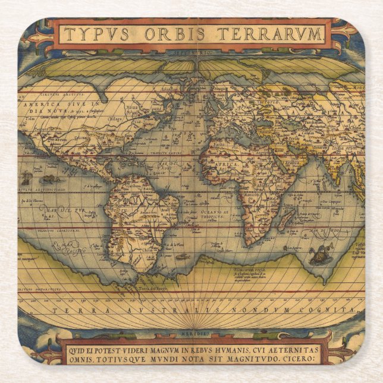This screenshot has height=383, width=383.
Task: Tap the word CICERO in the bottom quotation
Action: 303,360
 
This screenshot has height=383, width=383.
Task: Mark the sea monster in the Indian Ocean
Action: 321,255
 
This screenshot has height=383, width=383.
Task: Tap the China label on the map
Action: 356,127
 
